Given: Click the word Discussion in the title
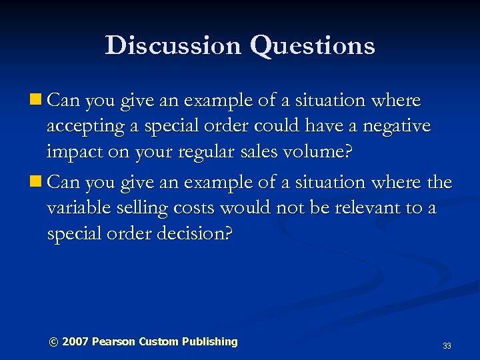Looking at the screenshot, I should [172, 45].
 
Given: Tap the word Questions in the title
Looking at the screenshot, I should [313, 46].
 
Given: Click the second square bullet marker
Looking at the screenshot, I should [37, 182].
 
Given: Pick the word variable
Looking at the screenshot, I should [80, 207].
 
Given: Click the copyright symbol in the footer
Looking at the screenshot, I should [53, 341].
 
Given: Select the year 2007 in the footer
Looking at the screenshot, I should [75, 341].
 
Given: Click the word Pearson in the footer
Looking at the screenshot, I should [113, 341].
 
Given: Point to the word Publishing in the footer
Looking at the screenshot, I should [209, 341].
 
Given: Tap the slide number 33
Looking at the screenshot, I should [447, 346].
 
